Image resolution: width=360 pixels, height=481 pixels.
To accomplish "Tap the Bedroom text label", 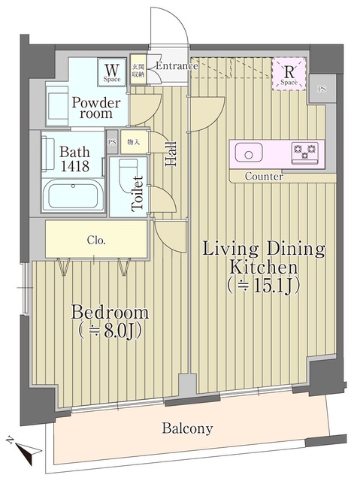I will click(110, 320).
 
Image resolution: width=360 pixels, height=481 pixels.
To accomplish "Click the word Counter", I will click(265, 177).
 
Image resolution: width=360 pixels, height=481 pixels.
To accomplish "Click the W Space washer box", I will click(113, 72).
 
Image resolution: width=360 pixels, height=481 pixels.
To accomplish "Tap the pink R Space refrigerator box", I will click(289, 74).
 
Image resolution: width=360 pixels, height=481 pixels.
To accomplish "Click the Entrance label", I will click(177, 66).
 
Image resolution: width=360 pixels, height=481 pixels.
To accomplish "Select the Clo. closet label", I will click(96, 241).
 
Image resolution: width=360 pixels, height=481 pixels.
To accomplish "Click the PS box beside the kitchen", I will click(322, 88).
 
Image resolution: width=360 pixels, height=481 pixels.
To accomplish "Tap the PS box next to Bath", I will click(112, 141).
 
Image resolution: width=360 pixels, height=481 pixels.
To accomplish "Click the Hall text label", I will click(172, 153).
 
